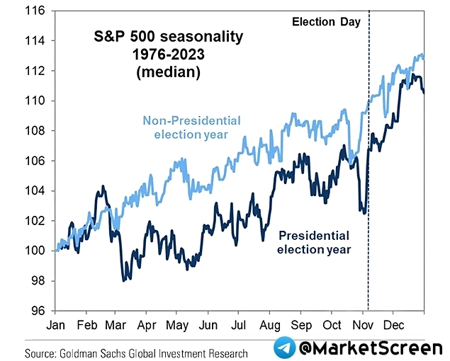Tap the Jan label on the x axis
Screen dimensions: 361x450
click(56, 326)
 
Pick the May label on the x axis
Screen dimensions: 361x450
click(177, 326)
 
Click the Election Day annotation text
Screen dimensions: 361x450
click(326, 22)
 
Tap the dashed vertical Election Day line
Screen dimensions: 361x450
click(369, 212)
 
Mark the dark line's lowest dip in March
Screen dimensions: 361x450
click(123, 280)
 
